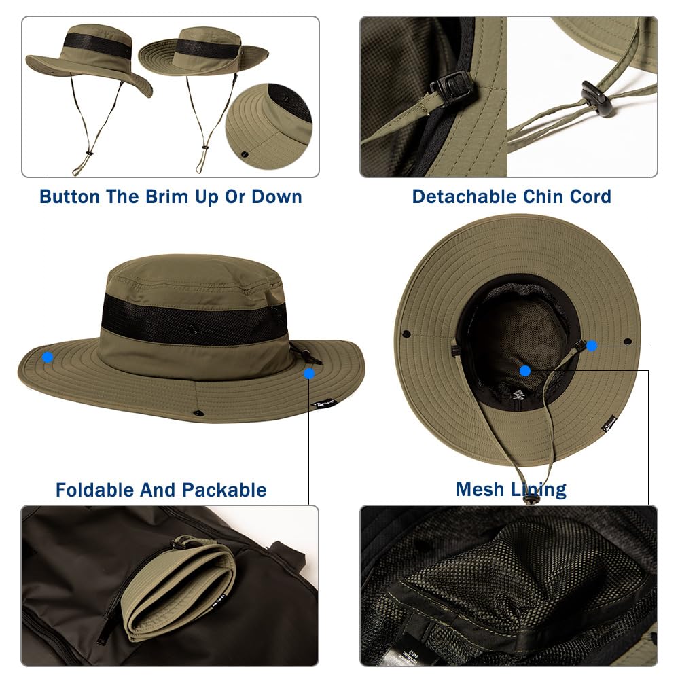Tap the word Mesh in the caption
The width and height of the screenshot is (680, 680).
click(479, 489)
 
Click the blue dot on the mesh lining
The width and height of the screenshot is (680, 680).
click(524, 371)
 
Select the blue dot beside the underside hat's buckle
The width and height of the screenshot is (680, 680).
click(592, 346)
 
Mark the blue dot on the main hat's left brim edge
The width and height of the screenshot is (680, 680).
click(48, 357)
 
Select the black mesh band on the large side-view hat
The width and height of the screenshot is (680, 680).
click(194, 318)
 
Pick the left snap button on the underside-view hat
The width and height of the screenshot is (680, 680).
click(406, 334)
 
